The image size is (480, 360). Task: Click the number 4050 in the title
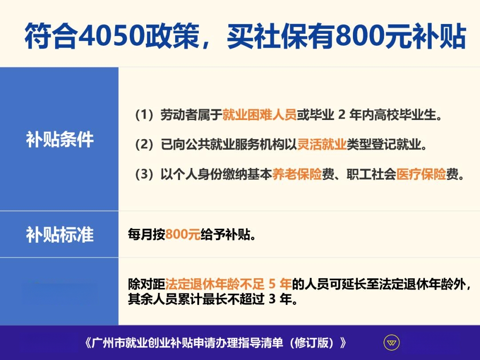[110, 36]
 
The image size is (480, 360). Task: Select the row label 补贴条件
[60, 139]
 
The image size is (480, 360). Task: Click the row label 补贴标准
[60, 235]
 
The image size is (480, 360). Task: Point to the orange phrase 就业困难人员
[259, 115]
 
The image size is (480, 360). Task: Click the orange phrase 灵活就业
[322, 144]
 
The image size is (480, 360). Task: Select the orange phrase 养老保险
[297, 174]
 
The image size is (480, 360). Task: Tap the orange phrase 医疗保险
[421, 174]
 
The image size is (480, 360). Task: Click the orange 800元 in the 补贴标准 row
[183, 235]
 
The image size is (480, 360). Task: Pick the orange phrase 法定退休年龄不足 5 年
[228, 284]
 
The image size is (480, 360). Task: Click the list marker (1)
[144, 115]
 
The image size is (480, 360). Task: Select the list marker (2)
[144, 144]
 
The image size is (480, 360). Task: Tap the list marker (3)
[144, 174]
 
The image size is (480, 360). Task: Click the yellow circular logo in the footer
[392, 343]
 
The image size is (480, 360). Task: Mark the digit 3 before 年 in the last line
[272, 299]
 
